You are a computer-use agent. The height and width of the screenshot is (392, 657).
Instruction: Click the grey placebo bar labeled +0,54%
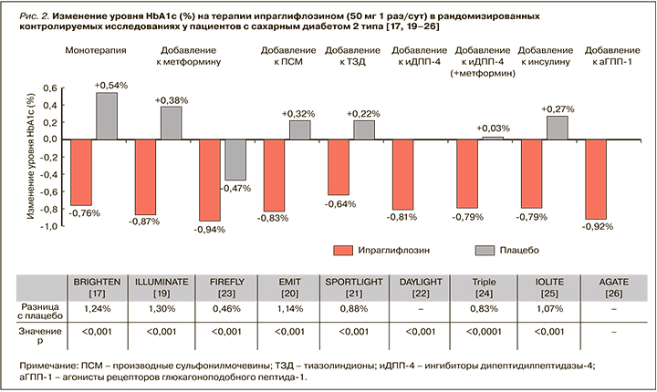(106, 116)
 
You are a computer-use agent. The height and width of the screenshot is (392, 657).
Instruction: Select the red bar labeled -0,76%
(81, 172)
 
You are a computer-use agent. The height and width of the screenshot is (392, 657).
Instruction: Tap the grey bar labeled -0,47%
(236, 160)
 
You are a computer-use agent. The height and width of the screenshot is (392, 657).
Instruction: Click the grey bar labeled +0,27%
(557, 128)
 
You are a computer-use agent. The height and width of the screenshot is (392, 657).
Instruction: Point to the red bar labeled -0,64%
(339, 167)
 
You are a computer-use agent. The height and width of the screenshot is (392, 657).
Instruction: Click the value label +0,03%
(493, 128)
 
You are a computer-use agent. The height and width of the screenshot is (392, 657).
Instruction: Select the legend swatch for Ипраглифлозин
(344, 250)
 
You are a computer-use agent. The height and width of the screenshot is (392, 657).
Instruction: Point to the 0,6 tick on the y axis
(52, 89)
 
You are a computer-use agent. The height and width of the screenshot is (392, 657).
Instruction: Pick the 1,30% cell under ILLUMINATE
(160, 309)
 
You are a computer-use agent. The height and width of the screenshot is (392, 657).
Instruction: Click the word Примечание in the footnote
(51, 365)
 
